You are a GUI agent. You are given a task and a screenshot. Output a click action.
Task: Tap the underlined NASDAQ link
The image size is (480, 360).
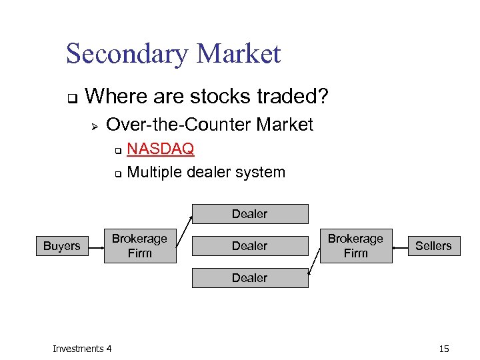pyautogui.click(x=160, y=148)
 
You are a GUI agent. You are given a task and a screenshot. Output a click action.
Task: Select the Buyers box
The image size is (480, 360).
pyautogui.click(x=61, y=246)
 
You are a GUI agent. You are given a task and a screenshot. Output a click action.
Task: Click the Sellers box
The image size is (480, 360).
pyautogui.click(x=433, y=246)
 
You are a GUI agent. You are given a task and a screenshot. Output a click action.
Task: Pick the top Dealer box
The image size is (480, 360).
pyautogui.click(x=250, y=214)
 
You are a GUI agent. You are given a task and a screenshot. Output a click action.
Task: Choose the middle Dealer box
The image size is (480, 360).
pyautogui.click(x=250, y=246)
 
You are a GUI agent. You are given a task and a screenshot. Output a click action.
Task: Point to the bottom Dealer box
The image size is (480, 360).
pyautogui.click(x=250, y=278)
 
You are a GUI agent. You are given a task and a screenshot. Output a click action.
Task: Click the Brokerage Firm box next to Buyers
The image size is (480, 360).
pyautogui.click(x=140, y=246)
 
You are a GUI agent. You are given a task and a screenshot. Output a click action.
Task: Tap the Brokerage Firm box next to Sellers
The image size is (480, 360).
pyautogui.click(x=355, y=246)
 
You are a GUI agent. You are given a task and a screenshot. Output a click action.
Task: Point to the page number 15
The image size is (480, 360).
pyautogui.click(x=445, y=349)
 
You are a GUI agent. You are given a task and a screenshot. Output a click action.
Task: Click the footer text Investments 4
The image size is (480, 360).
pyautogui.click(x=82, y=349)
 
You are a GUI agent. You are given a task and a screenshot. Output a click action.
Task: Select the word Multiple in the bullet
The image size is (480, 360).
pyautogui.click(x=154, y=172)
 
